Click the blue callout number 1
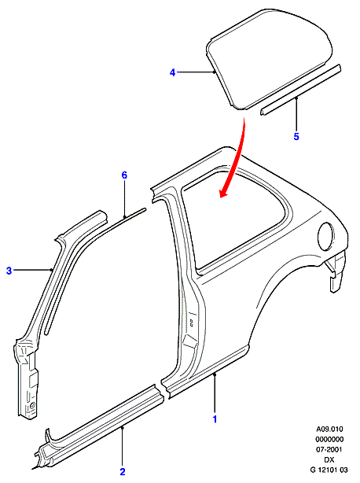pos(215,419)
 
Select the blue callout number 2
pos(123,472)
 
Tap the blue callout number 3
pos(9,271)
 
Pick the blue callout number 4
pos(172,72)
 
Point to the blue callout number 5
pos(296,136)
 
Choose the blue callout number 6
pos(124,175)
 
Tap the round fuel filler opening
pos(325,235)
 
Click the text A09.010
pos(329,429)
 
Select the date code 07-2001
pos(329,449)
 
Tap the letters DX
pos(329,459)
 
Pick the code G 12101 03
pos(329,470)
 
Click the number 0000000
pos(329,439)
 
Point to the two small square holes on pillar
pos(191,323)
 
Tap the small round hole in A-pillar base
pos(32,404)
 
